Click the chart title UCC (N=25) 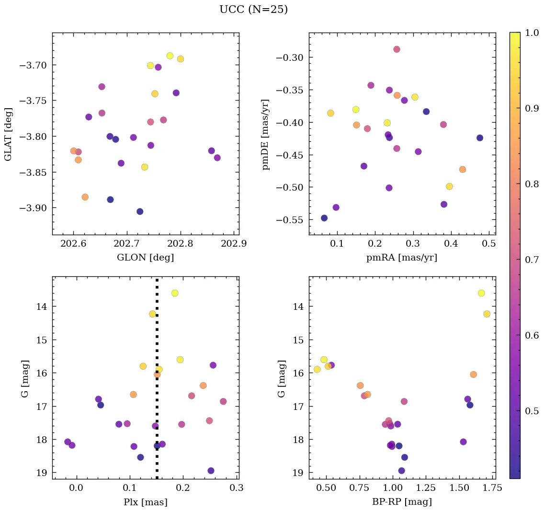[x=253, y=10]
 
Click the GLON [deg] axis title [x=145, y=258]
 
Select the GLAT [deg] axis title [x=8, y=134]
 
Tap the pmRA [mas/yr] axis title [x=401, y=258]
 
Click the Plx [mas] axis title [x=145, y=502]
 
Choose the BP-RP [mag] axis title [x=401, y=502]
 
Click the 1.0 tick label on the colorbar [x=531, y=33]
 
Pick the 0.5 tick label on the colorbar [x=531, y=411]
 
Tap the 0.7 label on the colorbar [x=531, y=260]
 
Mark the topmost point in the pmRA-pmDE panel [x=397, y=49]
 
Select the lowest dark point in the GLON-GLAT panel [x=140, y=212]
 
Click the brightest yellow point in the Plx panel [x=175, y=293]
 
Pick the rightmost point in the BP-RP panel [x=487, y=314]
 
